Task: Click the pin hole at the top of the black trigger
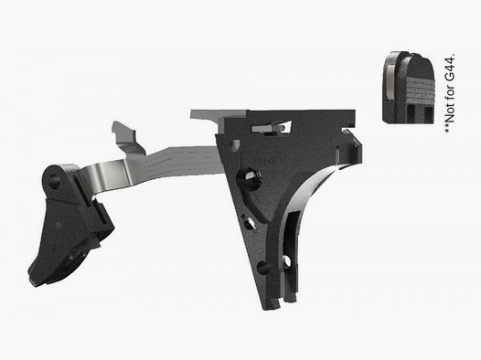point(63,179)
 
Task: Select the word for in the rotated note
point(449,91)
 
